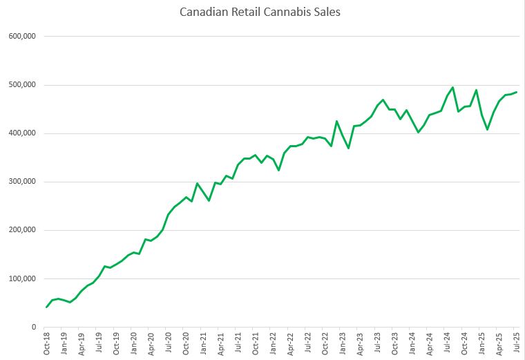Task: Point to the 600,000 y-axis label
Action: (x=21, y=36)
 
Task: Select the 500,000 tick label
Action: (x=21, y=85)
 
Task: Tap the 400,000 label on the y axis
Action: (x=21, y=133)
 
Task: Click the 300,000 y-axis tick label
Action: (x=21, y=182)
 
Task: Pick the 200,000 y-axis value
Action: (x=21, y=230)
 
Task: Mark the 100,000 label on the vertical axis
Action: (x=21, y=279)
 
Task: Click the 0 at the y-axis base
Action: (x=32, y=328)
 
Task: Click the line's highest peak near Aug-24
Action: (x=452, y=88)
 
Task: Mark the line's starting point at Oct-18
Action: (x=47, y=307)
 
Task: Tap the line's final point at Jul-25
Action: (x=516, y=93)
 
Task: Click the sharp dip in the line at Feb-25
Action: (x=487, y=129)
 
